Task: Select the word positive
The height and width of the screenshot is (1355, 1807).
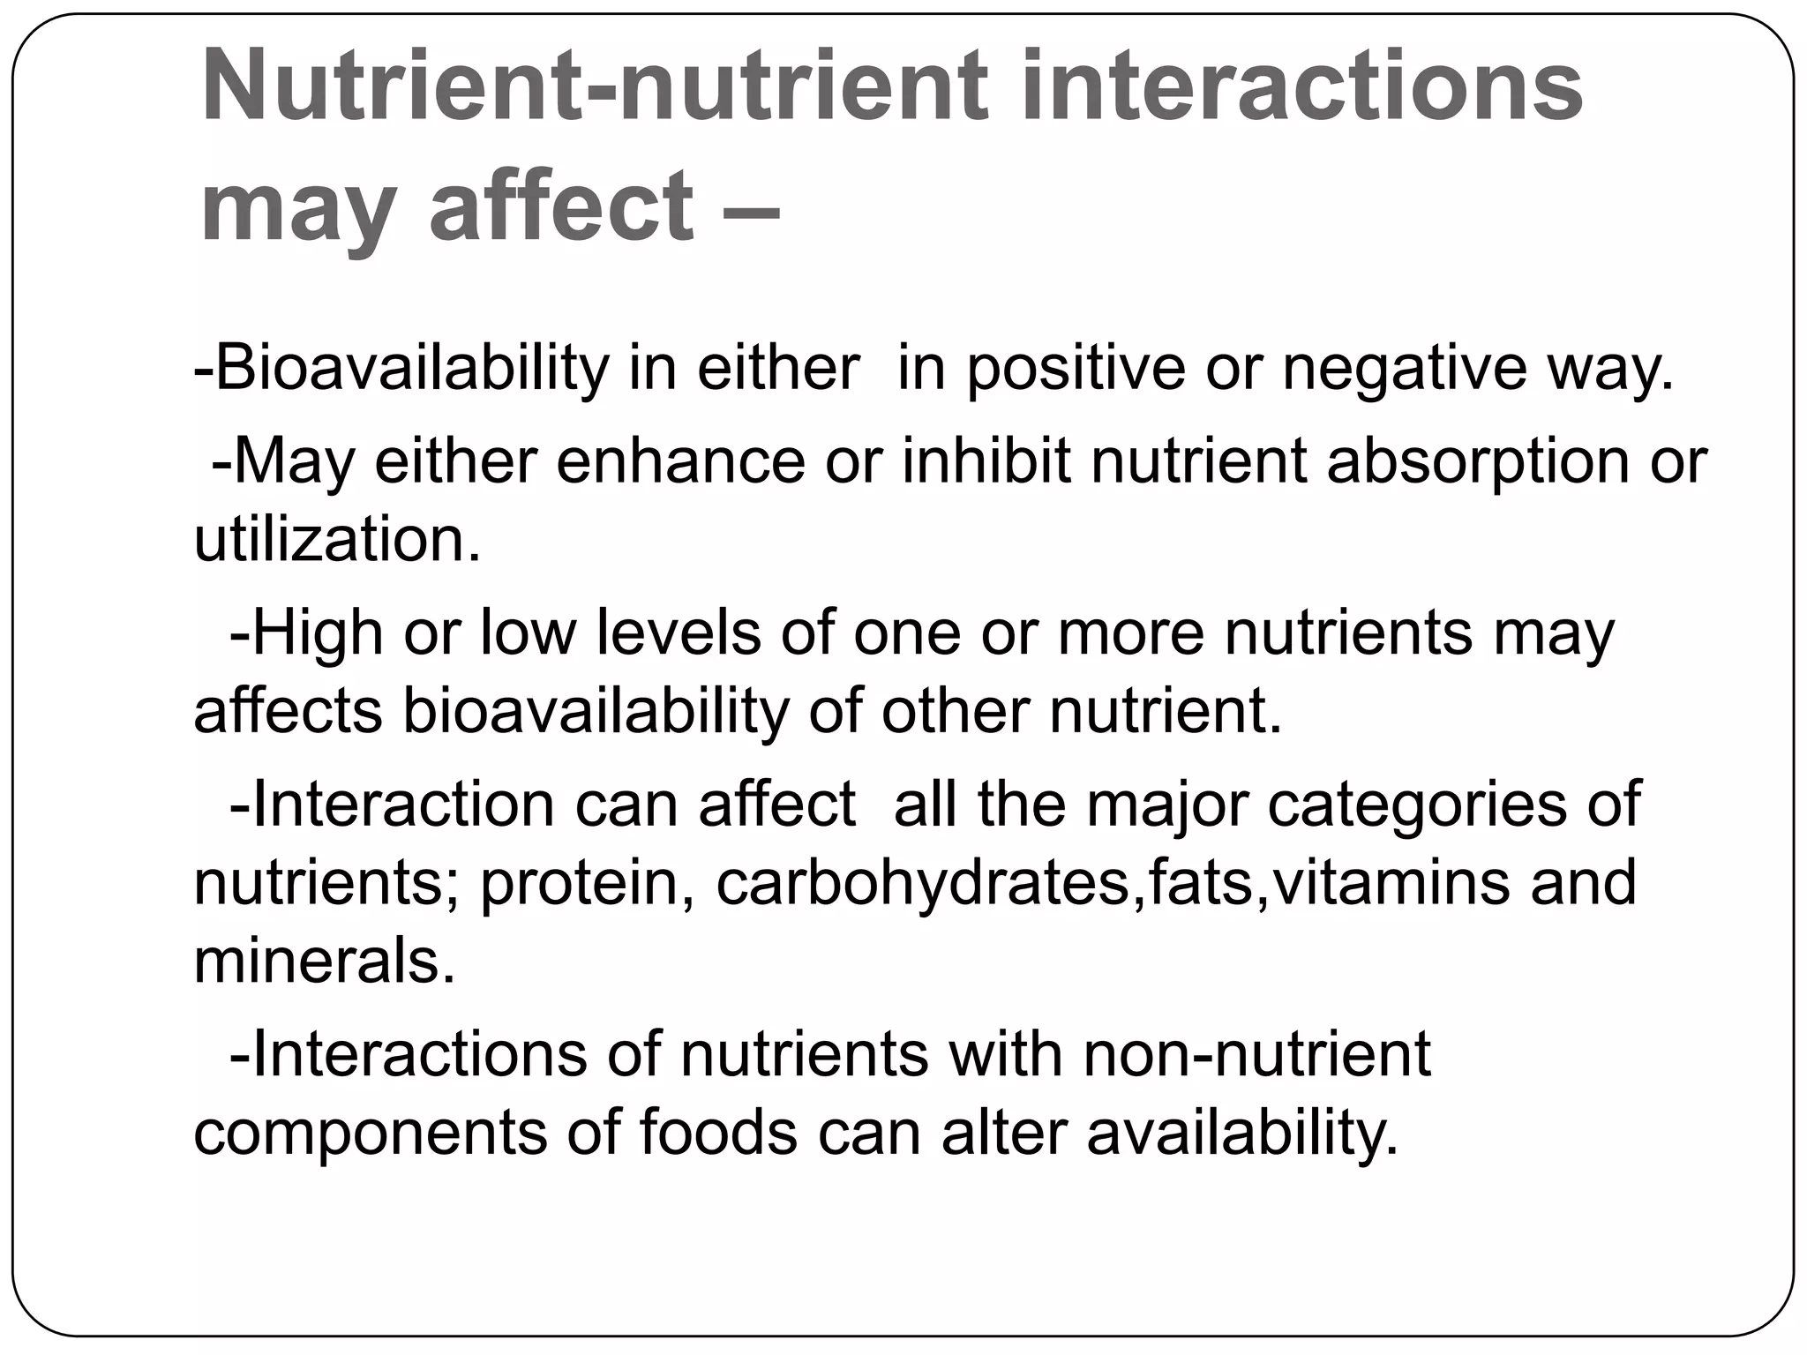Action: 1076,368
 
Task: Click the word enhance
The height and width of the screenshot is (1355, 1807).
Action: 680,460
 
